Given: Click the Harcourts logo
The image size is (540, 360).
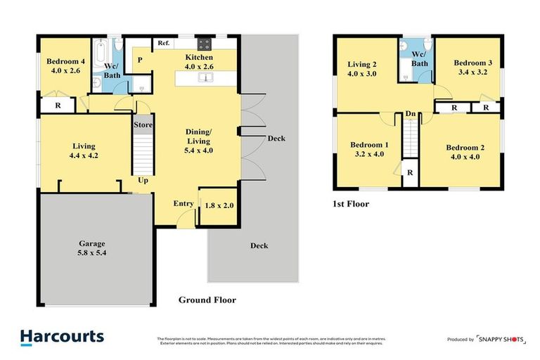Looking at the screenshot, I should pyautogui.click(x=62, y=337).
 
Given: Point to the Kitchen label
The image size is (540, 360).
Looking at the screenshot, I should pyautogui.click(x=199, y=62).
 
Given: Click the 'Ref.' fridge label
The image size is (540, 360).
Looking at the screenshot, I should pyautogui.click(x=163, y=43).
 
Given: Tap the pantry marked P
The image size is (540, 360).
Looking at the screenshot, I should pyautogui.click(x=140, y=60).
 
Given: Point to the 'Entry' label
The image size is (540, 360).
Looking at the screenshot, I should pyautogui.click(x=184, y=204).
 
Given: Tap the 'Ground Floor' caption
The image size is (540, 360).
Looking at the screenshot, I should pyautogui.click(x=207, y=300).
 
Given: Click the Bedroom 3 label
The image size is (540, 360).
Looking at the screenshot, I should pyautogui.click(x=472, y=67).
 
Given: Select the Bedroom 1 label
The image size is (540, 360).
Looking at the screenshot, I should pyautogui.click(x=368, y=149).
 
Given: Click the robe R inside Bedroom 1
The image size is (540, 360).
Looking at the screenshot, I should pyautogui.click(x=409, y=172).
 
